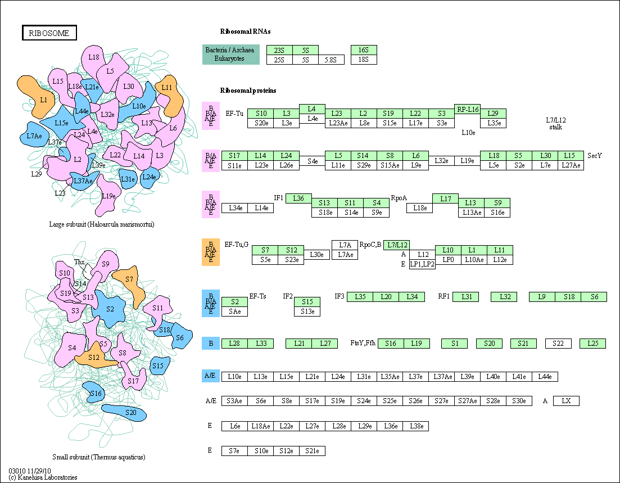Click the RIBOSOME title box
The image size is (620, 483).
pyautogui.click(x=49, y=33)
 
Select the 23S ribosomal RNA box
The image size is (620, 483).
pyautogui.click(x=279, y=50)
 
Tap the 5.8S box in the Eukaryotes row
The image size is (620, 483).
pyautogui.click(x=332, y=59)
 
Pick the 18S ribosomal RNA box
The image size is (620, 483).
pyautogui.click(x=364, y=59)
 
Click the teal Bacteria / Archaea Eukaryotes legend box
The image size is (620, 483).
pyautogui.click(x=231, y=55)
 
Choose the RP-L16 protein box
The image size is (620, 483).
pyautogui.click(x=467, y=110)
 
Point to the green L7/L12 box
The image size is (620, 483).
pyautogui.click(x=396, y=245)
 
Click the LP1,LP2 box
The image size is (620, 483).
pyautogui.click(x=422, y=264)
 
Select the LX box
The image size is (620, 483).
pyautogui.click(x=566, y=401)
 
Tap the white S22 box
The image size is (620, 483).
pyautogui.click(x=558, y=344)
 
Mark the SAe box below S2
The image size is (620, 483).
pyautogui.click(x=234, y=311)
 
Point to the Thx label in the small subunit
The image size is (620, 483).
pyautogui.click(x=79, y=262)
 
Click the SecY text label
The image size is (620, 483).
pyautogui.click(x=595, y=156)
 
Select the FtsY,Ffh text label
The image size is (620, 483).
pyautogui.click(x=363, y=344)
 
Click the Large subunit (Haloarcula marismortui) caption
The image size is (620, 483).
pyautogui.click(x=102, y=224)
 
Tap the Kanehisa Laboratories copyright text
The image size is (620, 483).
pyautogui.click(x=43, y=477)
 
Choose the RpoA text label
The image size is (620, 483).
pyautogui.click(x=399, y=198)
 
